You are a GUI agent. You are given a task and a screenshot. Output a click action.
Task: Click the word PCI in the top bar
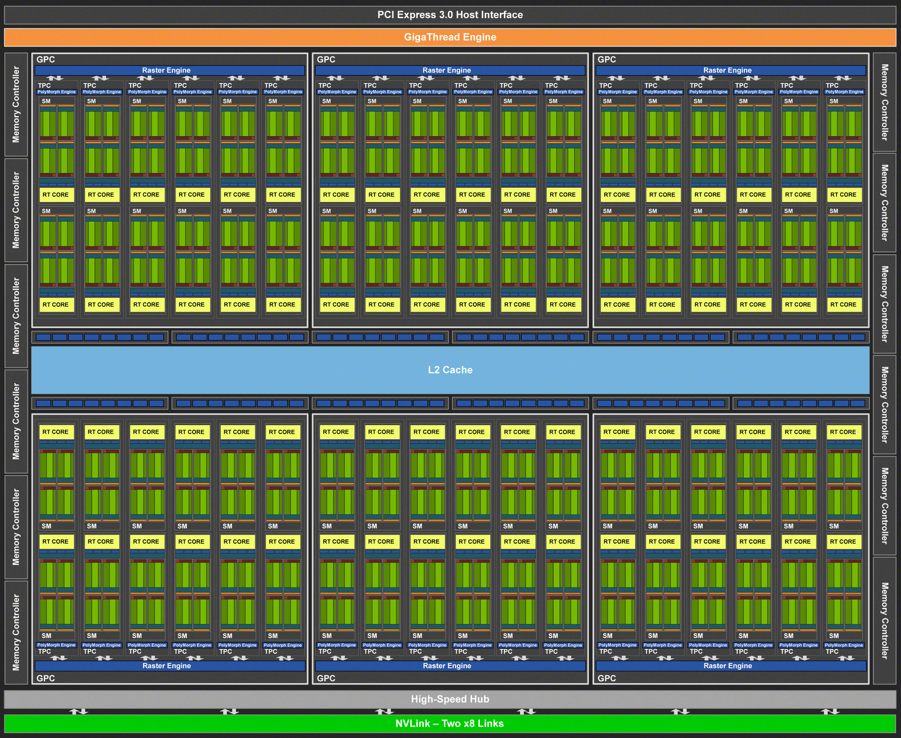point(386,15)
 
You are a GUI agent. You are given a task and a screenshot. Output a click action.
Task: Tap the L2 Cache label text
point(450,370)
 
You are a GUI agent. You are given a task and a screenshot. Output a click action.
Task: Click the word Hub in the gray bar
point(479,699)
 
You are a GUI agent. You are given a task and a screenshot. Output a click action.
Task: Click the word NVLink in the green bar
point(412,723)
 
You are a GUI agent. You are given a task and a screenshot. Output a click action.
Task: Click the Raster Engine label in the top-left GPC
point(166,70)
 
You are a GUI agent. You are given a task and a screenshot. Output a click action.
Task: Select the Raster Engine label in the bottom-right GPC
point(728,666)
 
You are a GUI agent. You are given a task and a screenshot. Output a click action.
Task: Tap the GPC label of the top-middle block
point(326,60)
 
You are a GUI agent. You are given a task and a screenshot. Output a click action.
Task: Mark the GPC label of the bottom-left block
point(46,678)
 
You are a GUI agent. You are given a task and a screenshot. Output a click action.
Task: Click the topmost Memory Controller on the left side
point(16,104)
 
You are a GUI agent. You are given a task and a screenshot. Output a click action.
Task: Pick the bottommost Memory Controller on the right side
point(884,620)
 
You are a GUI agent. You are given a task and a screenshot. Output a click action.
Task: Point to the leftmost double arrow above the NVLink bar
point(78,712)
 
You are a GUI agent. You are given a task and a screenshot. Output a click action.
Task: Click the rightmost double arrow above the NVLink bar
point(830,712)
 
